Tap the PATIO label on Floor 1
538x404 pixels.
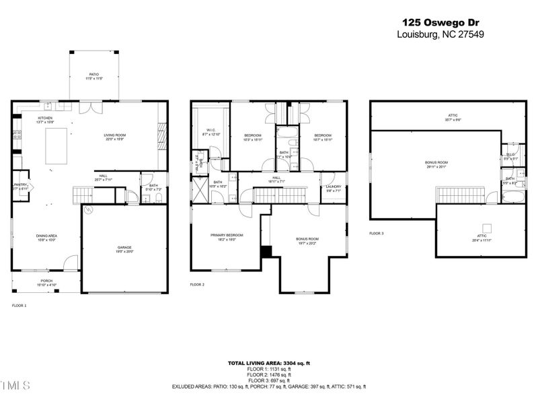[x=94, y=76]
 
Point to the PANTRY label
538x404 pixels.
[x=20, y=187]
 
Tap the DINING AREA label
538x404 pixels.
[x=46, y=236]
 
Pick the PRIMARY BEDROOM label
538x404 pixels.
[x=227, y=236]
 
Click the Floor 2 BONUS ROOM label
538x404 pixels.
[x=307, y=240]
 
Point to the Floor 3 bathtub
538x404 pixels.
[x=511, y=197]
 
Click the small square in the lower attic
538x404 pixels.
[x=483, y=227]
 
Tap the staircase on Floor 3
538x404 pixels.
[x=456, y=195]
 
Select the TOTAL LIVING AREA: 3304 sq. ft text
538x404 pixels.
[x=268, y=363]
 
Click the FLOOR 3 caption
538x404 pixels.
[x=377, y=234]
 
